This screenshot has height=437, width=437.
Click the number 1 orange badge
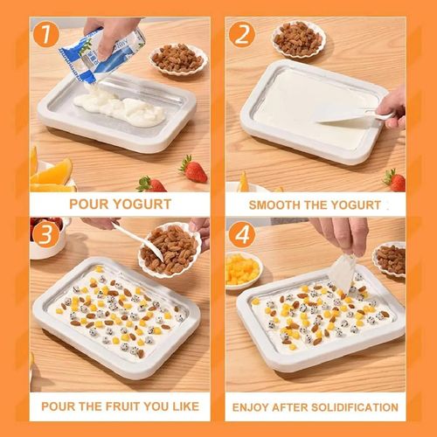point(46,35)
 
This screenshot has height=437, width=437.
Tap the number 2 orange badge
point(241,35)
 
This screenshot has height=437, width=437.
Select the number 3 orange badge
point(46,235)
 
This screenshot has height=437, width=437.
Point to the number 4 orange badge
point(242,235)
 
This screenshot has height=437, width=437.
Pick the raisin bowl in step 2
point(299,40)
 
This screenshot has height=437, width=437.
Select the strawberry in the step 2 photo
point(395,180)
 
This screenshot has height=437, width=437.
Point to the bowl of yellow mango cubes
point(244,270)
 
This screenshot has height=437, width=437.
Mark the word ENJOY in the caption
point(248,407)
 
